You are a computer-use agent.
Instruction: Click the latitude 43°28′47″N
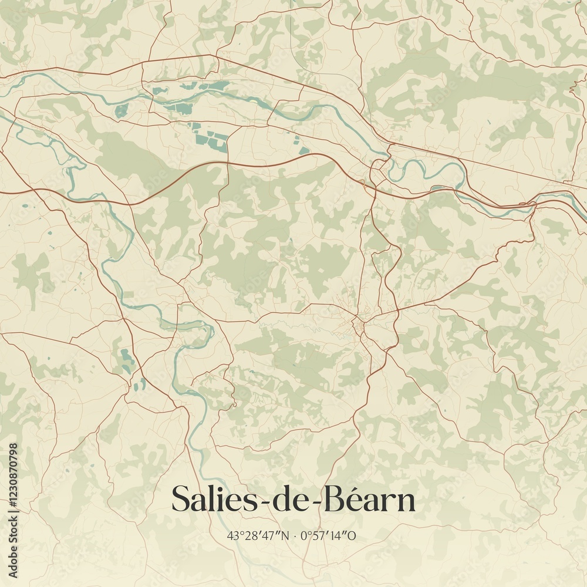tap(258, 535)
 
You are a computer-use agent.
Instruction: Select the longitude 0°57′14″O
tap(329, 535)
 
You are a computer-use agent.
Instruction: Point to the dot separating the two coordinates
tap(294, 535)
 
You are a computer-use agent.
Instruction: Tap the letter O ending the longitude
tap(353, 535)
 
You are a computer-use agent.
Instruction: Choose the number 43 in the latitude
tap(233, 535)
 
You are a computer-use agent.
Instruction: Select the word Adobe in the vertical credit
tap(14, 562)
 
